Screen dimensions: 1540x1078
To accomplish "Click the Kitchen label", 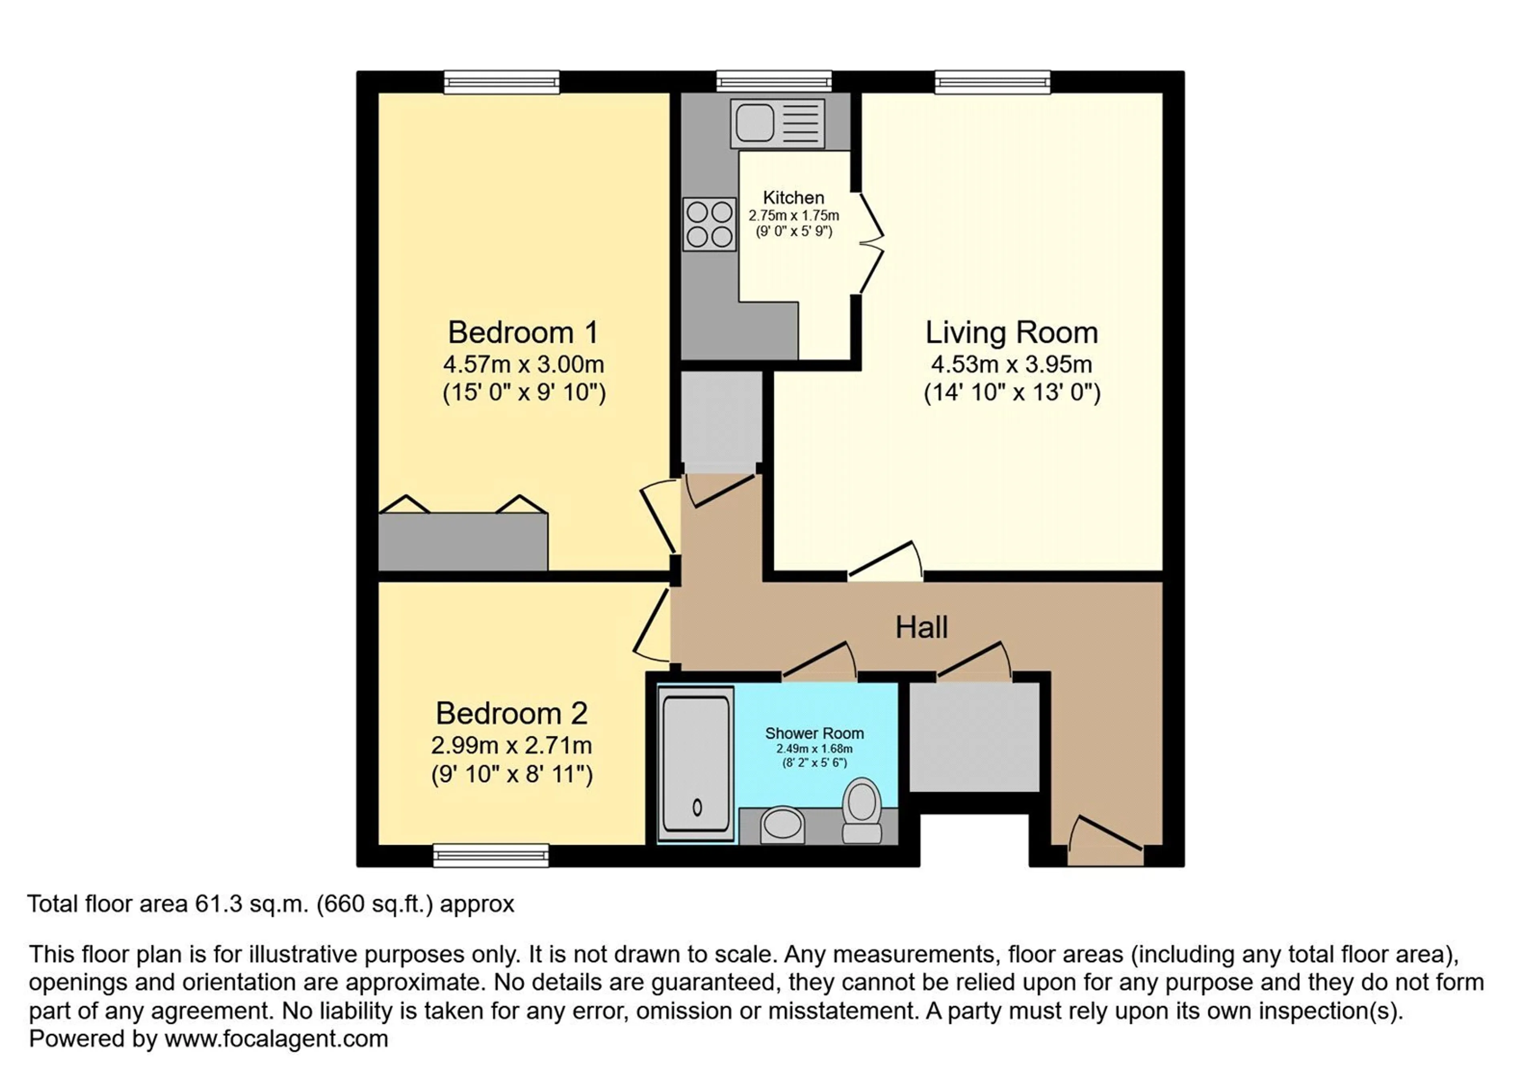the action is tap(794, 197).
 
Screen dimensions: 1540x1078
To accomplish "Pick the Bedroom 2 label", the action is tap(512, 713).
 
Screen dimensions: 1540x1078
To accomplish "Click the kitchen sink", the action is tap(777, 124).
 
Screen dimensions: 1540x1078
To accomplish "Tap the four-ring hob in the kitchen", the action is tap(709, 224).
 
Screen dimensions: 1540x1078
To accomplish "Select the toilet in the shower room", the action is tap(862, 810).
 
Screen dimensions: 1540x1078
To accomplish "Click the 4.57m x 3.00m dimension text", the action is tap(523, 364).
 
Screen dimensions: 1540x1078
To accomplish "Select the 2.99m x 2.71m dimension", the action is tap(512, 745).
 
